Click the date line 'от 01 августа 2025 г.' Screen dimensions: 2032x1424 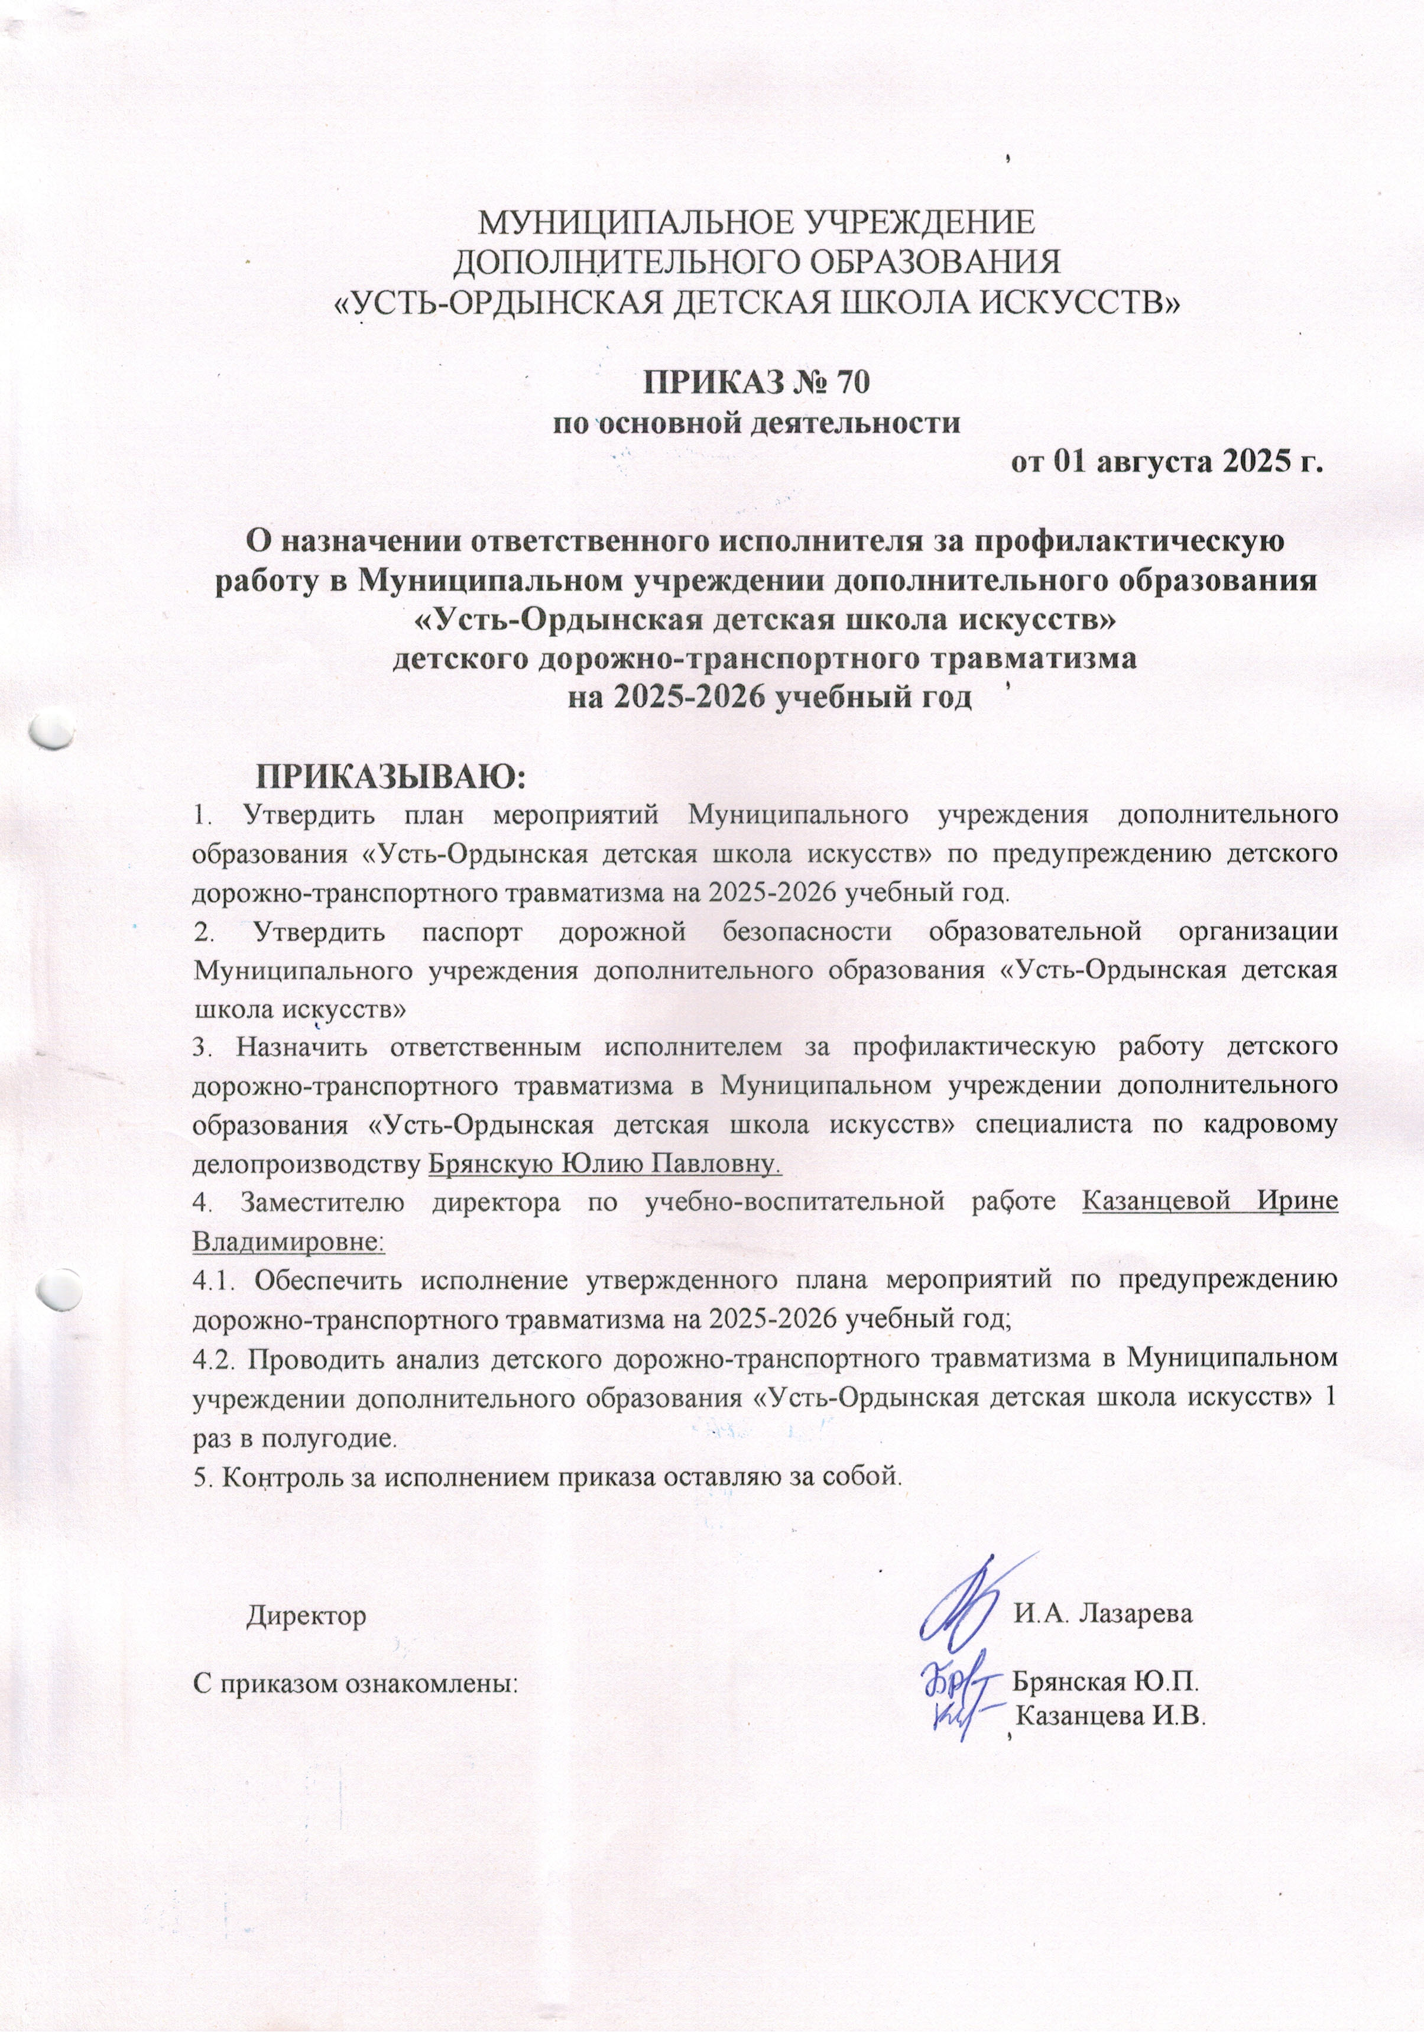1168,462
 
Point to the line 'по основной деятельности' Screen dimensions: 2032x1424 757,422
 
